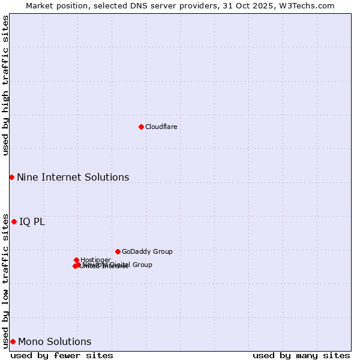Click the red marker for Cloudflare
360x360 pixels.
click(141, 127)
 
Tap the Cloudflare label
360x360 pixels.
click(161, 127)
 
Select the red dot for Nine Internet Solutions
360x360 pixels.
click(11, 177)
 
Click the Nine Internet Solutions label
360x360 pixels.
click(73, 177)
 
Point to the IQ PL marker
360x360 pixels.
click(14, 221)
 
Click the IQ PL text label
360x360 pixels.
click(32, 222)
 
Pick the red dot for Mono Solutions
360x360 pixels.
click(13, 341)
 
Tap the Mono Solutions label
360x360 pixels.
click(55, 342)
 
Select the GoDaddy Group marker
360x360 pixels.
click(118, 251)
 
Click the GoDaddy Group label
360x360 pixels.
click(147, 251)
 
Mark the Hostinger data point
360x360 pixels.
click(76, 260)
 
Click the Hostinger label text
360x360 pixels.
click(95, 260)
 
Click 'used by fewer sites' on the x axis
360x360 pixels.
click(62, 355)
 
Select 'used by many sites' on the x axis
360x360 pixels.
click(301, 355)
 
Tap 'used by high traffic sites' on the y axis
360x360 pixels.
click(5, 86)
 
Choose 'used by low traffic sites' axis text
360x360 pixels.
click(5, 280)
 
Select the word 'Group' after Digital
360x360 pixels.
click(142, 265)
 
